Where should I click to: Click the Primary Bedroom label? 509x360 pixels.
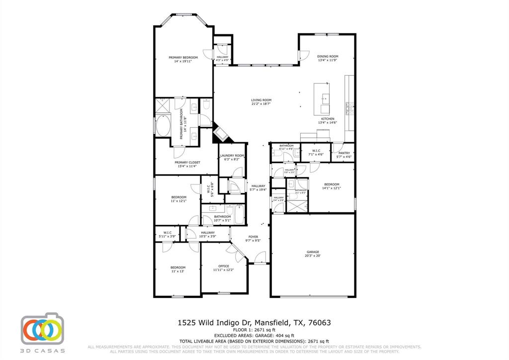[183, 58]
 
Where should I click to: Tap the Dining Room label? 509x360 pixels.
[328, 57]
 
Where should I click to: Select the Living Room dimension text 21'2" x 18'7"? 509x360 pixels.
[261, 104]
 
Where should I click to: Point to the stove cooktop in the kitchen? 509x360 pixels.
[349, 107]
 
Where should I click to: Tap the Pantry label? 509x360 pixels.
[344, 153]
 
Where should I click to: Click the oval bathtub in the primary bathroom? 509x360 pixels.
[163, 126]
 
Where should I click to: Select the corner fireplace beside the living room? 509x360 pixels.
[220, 134]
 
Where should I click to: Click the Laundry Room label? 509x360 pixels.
[232, 156]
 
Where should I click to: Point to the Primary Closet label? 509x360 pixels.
[187, 163]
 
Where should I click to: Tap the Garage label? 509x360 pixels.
[313, 252]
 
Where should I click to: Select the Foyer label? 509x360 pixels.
[253, 237]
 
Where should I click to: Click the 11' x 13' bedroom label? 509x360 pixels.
[178, 268]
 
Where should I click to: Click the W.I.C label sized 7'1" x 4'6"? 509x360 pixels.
[316, 151]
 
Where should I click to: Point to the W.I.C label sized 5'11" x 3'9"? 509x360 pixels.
[167, 233]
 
